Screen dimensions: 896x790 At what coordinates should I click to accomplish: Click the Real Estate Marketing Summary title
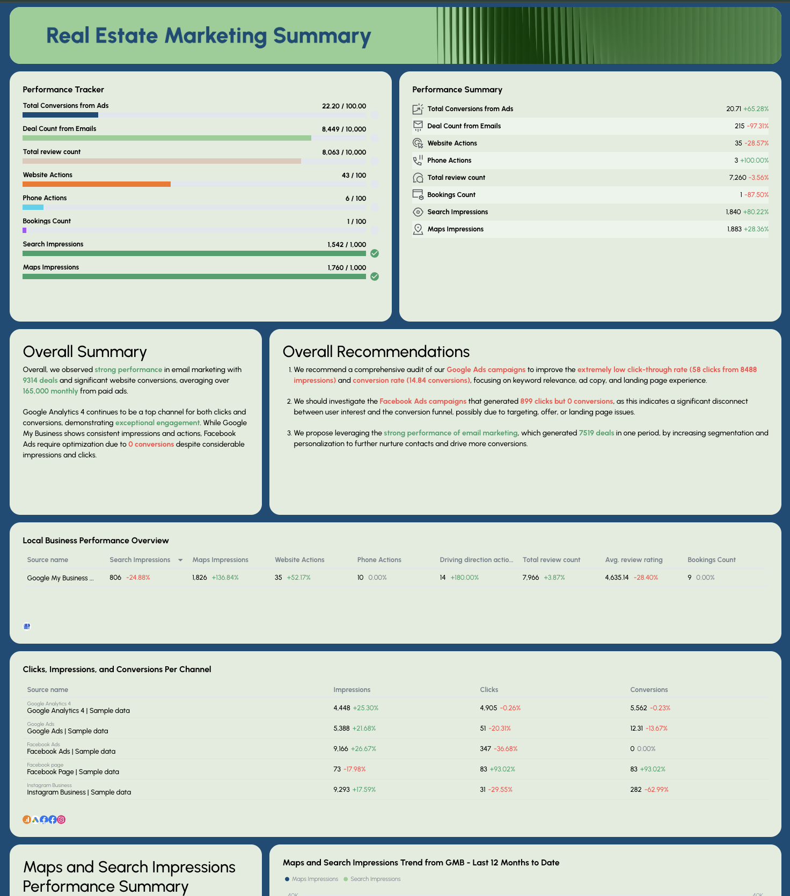point(208,36)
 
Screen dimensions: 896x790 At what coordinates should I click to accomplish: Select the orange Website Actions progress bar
point(97,184)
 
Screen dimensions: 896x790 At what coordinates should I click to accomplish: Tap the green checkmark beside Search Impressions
point(375,253)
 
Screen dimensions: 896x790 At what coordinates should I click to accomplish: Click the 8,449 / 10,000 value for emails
point(343,129)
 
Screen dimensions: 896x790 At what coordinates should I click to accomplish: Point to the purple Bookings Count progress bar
point(25,230)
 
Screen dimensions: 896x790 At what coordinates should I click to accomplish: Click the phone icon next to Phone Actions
point(418,160)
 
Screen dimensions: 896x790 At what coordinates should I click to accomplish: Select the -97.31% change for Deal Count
point(757,126)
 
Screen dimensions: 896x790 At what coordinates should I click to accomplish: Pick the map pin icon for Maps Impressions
point(418,229)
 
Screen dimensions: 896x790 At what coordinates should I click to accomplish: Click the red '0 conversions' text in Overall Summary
point(151,445)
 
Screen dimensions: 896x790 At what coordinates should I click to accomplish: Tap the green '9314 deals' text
point(40,380)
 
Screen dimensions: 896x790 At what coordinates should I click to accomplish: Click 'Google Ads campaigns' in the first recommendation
point(486,370)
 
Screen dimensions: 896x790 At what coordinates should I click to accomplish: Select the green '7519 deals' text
point(596,433)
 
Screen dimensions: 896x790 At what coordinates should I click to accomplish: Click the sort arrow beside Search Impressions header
point(180,560)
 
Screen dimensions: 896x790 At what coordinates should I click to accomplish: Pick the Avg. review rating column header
point(633,560)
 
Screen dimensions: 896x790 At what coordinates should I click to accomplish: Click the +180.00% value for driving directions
point(464,578)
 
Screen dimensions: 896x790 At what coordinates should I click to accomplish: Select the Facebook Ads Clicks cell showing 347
point(485,749)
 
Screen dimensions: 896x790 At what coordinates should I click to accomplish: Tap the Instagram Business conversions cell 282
point(635,790)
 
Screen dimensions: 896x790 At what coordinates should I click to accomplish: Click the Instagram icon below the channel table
point(61,819)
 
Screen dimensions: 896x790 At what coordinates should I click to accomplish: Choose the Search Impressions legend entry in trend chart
point(375,879)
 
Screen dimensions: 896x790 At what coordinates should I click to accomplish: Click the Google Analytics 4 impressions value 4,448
point(341,708)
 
